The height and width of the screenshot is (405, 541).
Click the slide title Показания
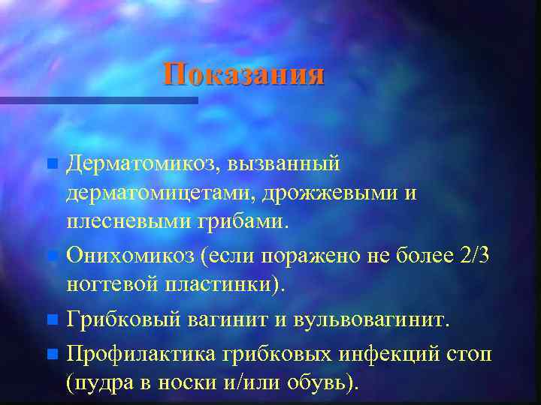click(x=244, y=75)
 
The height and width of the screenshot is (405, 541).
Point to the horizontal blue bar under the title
click(x=98, y=100)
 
